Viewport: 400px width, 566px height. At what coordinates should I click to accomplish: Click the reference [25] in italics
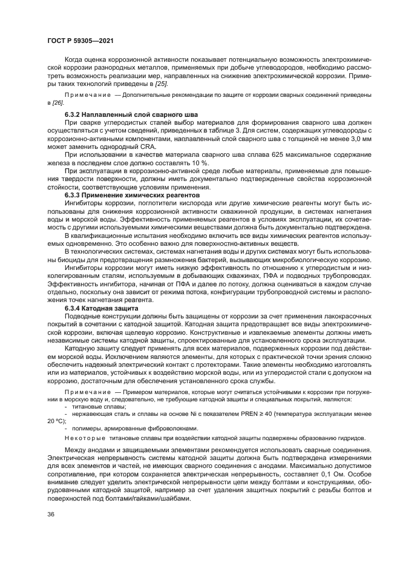161,85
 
